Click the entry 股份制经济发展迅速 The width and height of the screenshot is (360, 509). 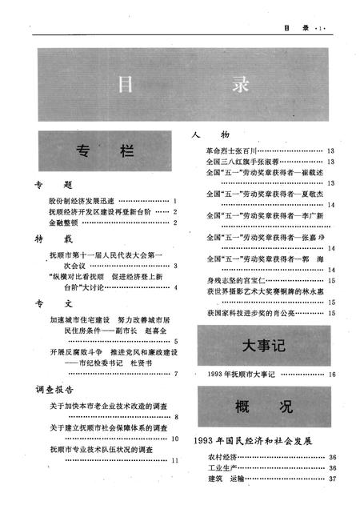[x=82, y=200]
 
